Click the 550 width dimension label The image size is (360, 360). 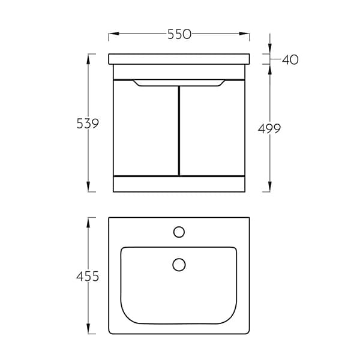[x=179, y=34]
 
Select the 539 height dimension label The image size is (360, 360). [x=88, y=123]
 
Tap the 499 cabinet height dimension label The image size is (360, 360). [x=269, y=128]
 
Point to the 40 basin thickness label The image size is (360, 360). [x=290, y=59]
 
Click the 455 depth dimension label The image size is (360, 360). [x=88, y=276]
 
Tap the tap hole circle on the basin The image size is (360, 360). [x=179, y=232]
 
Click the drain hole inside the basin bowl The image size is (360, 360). [x=179, y=265]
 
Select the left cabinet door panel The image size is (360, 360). [x=146, y=128]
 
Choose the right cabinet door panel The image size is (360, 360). [x=212, y=128]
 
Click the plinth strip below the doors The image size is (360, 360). [x=179, y=184]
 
